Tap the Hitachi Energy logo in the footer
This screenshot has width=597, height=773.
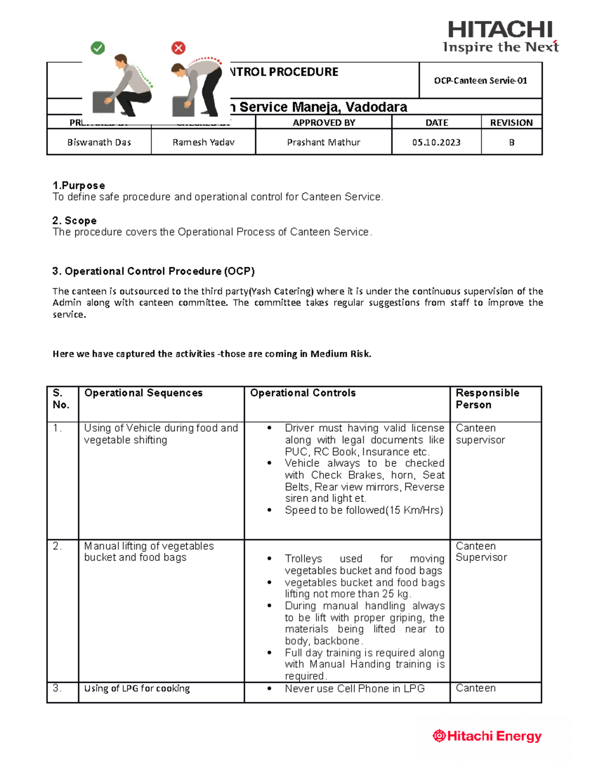click(487, 736)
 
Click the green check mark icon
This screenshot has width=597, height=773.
click(98, 48)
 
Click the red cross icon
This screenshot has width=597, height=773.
click(178, 48)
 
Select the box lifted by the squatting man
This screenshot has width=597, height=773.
click(103, 102)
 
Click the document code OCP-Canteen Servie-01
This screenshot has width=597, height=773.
click(480, 81)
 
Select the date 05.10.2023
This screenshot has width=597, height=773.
click(436, 142)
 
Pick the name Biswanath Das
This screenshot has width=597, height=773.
click(99, 142)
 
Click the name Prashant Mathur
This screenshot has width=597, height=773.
click(323, 142)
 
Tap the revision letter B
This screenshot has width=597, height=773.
click(511, 142)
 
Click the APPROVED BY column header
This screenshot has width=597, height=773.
click(323, 122)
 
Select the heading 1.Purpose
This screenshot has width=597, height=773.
click(79, 185)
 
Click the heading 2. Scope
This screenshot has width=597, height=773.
click(75, 221)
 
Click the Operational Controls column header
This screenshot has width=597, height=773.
click(302, 393)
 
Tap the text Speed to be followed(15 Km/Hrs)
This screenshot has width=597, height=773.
click(364, 510)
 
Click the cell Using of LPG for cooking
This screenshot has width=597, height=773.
click(137, 688)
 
